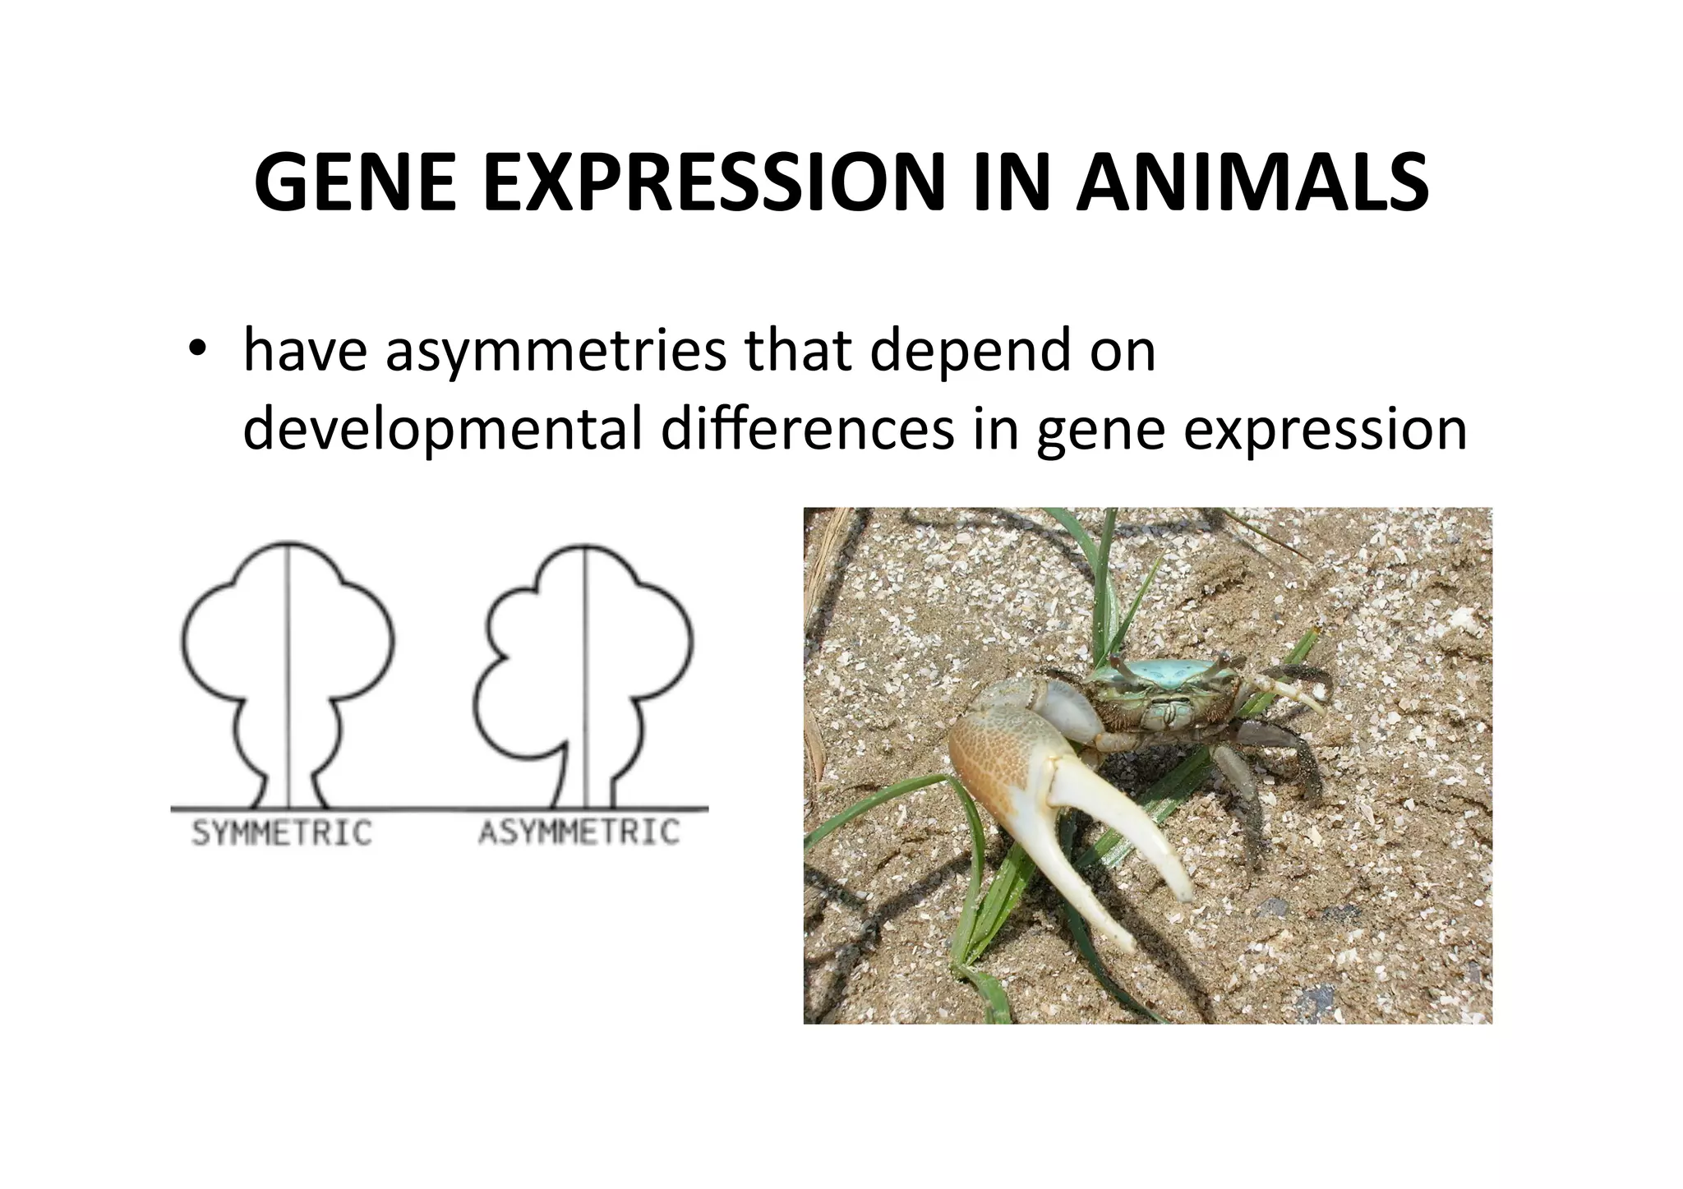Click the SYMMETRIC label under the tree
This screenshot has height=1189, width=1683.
tap(282, 833)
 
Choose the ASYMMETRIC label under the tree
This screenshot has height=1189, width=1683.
tap(579, 833)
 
